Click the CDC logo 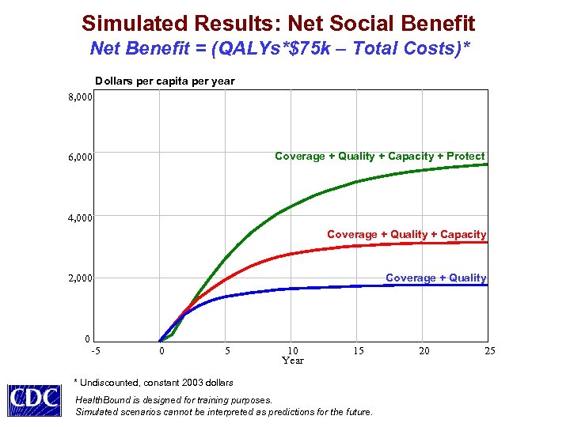point(34,399)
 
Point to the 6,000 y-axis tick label point(79,157)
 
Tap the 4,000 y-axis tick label point(79,217)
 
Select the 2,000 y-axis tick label point(79,278)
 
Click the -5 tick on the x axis point(95,350)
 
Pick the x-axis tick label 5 point(227,350)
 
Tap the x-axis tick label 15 point(359,350)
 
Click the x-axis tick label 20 point(424,350)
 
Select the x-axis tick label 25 point(489,350)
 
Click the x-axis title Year point(293,361)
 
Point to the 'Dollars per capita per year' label point(165,81)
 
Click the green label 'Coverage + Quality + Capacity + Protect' point(379,156)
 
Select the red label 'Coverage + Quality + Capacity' point(406,234)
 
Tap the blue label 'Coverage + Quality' point(435,278)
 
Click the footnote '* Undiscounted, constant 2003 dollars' point(154,383)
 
